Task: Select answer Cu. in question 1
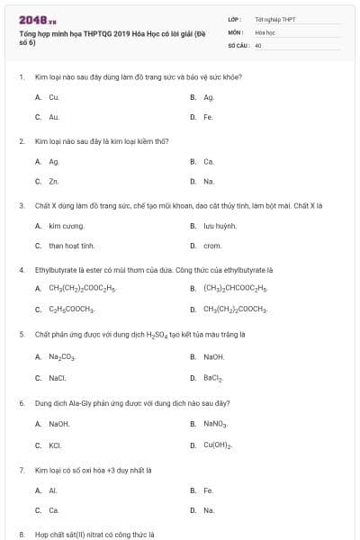click(x=54, y=97)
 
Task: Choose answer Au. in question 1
click(x=54, y=117)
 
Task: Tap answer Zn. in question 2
click(x=54, y=181)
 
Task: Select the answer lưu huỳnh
click(x=220, y=225)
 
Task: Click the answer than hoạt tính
click(x=72, y=245)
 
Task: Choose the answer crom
click(x=212, y=245)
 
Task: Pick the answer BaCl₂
click(x=213, y=376)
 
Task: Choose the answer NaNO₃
click(x=215, y=423)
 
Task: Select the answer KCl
click(x=55, y=445)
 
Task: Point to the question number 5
click(x=21, y=334)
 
